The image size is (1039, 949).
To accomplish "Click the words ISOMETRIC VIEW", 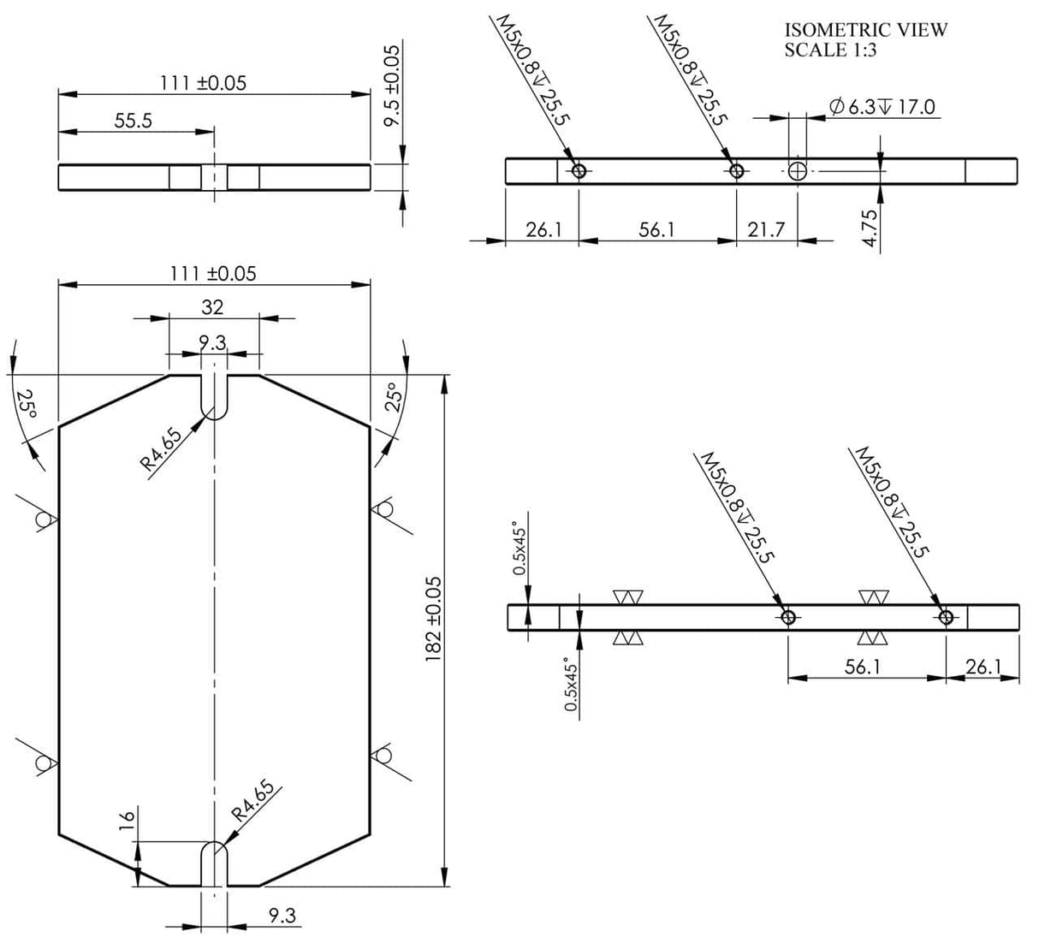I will pyautogui.click(x=865, y=30).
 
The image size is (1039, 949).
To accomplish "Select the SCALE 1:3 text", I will pyautogui.click(x=830, y=50).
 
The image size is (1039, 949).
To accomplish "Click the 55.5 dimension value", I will pyautogui.click(x=134, y=121).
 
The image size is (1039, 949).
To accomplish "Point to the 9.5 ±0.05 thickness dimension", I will pyautogui.click(x=392, y=86).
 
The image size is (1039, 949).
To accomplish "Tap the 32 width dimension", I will pyautogui.click(x=212, y=306).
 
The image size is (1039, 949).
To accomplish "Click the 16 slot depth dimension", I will pyautogui.click(x=126, y=817).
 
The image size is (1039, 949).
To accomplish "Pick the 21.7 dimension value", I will pyautogui.click(x=766, y=230).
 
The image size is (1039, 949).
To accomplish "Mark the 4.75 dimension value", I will pyautogui.click(x=870, y=228).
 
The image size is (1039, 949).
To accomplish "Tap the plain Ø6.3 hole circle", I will pyautogui.click(x=798, y=170).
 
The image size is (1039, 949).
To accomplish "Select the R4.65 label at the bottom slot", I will pyautogui.click(x=253, y=801).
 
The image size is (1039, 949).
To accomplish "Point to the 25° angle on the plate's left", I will pyautogui.click(x=27, y=402).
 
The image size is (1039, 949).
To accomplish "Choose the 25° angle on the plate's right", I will pyautogui.click(x=395, y=397).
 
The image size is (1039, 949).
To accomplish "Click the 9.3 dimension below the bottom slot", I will pyautogui.click(x=282, y=916).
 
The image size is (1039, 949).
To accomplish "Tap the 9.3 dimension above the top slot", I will pyautogui.click(x=212, y=342).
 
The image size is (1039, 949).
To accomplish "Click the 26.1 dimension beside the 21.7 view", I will pyautogui.click(x=543, y=230).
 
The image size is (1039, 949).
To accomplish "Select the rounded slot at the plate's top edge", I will pyautogui.click(x=214, y=396).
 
